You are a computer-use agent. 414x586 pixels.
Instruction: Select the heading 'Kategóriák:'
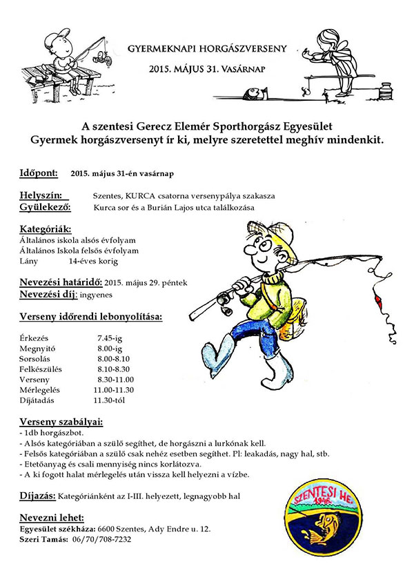46,229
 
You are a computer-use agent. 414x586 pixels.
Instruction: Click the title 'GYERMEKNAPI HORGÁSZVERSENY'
206,50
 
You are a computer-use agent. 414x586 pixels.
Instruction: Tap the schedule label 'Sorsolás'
38,358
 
